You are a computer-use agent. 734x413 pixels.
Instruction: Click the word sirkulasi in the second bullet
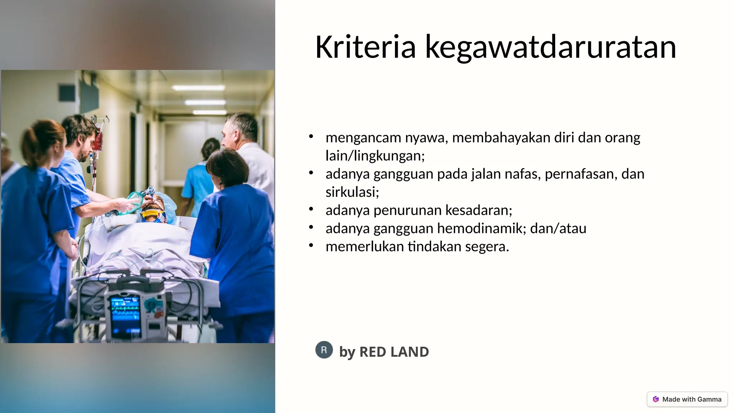351,192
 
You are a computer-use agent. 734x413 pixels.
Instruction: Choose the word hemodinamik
479,228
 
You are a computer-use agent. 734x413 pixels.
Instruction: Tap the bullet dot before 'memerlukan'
311,246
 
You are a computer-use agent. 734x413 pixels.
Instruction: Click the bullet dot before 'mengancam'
311,136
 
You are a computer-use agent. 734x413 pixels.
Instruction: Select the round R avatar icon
324,350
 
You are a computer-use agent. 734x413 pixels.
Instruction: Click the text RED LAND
394,352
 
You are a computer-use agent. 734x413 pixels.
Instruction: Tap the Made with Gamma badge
687,399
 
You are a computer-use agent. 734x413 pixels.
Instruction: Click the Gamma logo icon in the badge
656,399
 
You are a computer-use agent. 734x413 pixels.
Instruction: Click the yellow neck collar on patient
152,215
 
